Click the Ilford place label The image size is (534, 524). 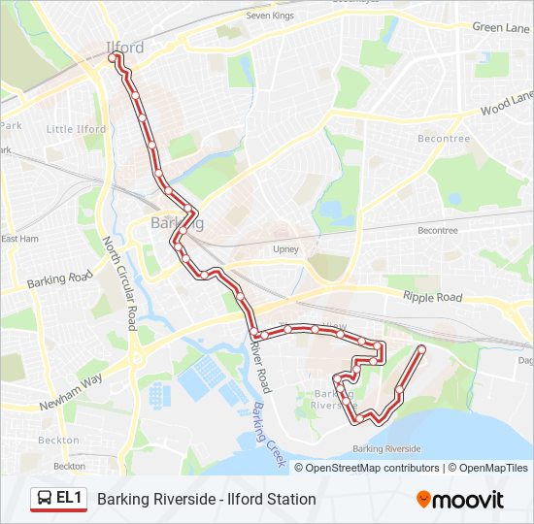coord(124,47)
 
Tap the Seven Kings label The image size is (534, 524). coord(269,16)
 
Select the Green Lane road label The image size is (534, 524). coord(501,28)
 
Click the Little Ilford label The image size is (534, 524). coord(76,129)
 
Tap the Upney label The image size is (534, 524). coord(285,249)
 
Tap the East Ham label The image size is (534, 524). coord(20,239)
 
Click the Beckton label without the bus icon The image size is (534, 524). coord(50,440)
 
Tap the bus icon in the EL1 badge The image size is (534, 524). coord(45,499)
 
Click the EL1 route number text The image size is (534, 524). coord(69,499)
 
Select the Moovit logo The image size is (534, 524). coord(460,500)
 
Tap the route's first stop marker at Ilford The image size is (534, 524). coord(115,58)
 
